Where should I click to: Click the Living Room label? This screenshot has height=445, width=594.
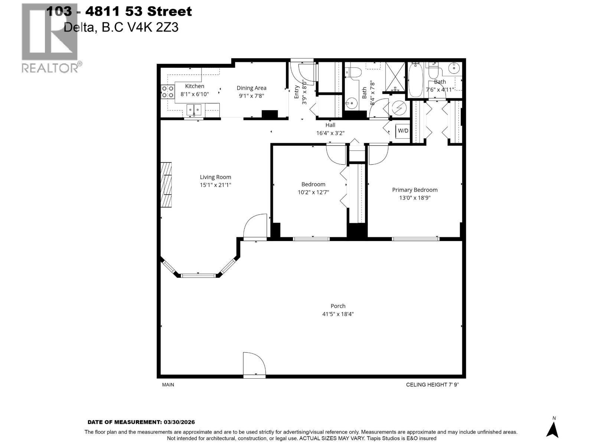215,177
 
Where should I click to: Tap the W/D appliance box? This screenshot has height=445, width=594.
403,131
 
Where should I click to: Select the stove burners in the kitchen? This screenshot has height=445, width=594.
168,92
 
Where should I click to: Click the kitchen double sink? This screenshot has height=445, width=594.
194,109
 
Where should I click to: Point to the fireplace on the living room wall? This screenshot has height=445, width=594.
166,185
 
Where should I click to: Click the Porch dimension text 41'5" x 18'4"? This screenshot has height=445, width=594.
338,314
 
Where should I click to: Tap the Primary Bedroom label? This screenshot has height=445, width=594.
415,190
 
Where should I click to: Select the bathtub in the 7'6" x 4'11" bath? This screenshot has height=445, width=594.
415,81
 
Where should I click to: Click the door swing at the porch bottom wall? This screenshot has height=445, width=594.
254,365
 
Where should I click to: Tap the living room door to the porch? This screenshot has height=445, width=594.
255,226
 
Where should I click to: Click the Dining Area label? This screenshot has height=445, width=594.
251,88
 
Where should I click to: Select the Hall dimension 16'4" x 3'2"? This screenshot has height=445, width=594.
330,133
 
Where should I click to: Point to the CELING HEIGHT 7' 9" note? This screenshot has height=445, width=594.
432,385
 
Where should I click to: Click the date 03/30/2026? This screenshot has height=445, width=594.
179,422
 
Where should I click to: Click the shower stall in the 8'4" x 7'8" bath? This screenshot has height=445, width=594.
395,77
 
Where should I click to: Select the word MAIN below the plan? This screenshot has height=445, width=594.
168,385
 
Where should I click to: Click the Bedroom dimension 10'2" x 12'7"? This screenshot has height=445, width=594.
313,192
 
